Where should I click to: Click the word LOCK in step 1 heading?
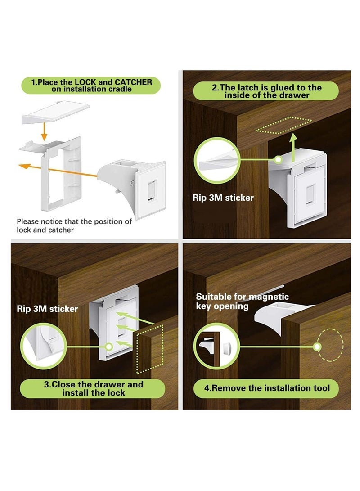point(84,82)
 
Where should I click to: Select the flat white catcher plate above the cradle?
point(56,112)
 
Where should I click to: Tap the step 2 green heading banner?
point(266,91)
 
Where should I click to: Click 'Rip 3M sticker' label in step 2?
point(224,198)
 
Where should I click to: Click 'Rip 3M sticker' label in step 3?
point(48,309)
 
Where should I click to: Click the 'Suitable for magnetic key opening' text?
point(243,301)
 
